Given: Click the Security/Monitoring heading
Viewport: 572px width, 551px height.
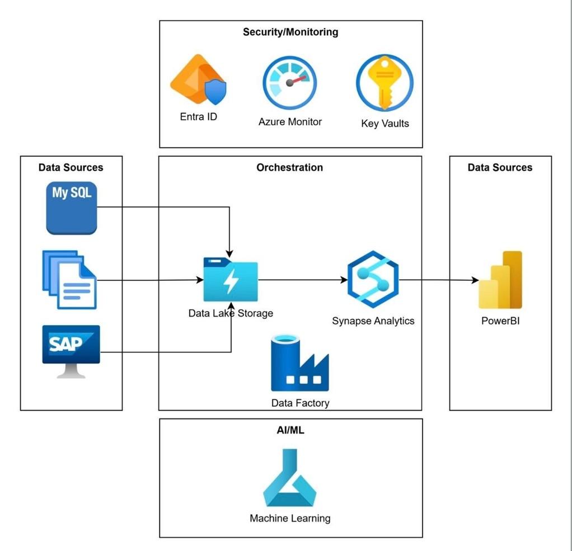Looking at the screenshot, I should click(x=290, y=32).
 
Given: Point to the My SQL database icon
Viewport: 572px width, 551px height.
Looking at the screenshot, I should click(x=72, y=209).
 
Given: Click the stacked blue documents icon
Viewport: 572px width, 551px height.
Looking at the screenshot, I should click(x=69, y=279).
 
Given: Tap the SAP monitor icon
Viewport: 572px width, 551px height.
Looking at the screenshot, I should click(x=71, y=351).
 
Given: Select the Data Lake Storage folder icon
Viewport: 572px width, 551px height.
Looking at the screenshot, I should click(x=231, y=280).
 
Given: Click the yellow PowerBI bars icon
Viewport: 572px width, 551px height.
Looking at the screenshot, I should click(x=500, y=280).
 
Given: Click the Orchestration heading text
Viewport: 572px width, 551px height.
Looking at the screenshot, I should click(x=289, y=167).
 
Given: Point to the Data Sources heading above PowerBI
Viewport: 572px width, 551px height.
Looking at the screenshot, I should click(x=500, y=167).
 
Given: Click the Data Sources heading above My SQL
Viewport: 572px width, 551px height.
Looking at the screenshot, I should click(x=71, y=167).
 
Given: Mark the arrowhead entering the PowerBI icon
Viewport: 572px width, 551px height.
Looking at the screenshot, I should click(x=475, y=280).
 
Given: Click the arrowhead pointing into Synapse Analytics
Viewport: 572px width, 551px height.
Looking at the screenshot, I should click(x=344, y=280).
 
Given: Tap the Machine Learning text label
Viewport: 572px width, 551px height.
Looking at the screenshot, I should click(x=290, y=519).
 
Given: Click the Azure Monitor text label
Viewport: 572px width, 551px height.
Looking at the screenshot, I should click(x=290, y=121).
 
